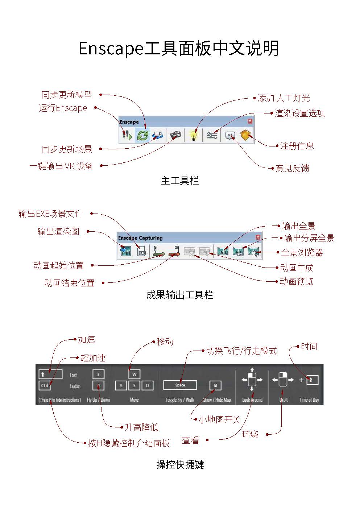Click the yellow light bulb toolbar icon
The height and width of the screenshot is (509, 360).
(194, 136)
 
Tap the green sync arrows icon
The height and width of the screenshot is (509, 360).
(143, 136)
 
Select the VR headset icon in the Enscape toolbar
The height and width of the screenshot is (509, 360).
(176, 136)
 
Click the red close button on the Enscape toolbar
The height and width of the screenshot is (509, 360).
(250, 121)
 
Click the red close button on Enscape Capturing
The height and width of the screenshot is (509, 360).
(258, 237)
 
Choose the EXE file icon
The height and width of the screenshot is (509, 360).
(142, 251)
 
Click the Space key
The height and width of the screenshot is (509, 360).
(180, 385)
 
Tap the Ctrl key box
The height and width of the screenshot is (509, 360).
(45, 385)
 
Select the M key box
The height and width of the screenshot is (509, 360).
(215, 385)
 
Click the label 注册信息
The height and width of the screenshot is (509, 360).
(297, 146)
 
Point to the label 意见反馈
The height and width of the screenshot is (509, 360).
(292, 169)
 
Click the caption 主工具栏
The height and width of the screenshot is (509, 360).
(180, 181)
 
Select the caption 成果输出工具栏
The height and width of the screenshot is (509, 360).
(180, 295)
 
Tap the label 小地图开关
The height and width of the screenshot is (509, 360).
(219, 420)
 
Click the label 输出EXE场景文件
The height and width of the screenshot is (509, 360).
(51, 214)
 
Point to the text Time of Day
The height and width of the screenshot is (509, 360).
(309, 400)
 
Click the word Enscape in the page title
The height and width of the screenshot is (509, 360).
(111, 49)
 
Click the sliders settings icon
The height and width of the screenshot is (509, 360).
(212, 136)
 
